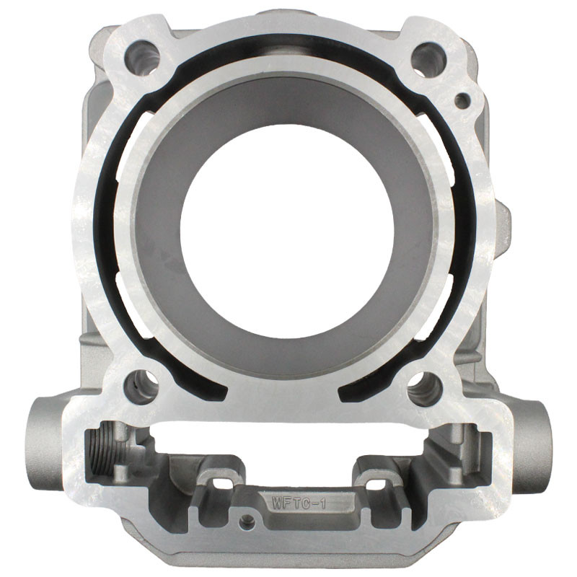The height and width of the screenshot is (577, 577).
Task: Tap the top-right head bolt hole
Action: [x=428, y=61]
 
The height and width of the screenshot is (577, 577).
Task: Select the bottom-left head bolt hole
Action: [x=142, y=387]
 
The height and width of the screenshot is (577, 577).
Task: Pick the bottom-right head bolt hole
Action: [x=425, y=389]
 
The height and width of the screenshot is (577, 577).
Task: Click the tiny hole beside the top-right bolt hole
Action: [x=462, y=101]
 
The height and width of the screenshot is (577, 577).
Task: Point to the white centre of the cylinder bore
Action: [x=287, y=230]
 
